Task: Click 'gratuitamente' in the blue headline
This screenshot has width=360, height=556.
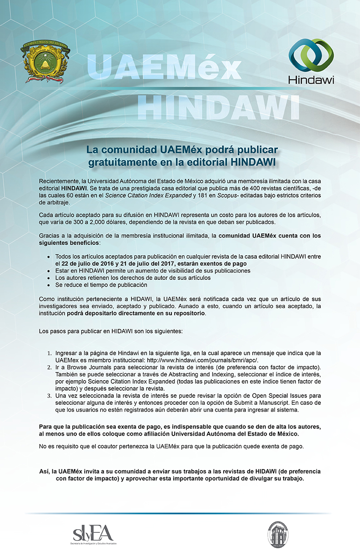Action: coord(120,161)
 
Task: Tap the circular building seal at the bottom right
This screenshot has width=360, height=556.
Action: coord(277,533)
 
